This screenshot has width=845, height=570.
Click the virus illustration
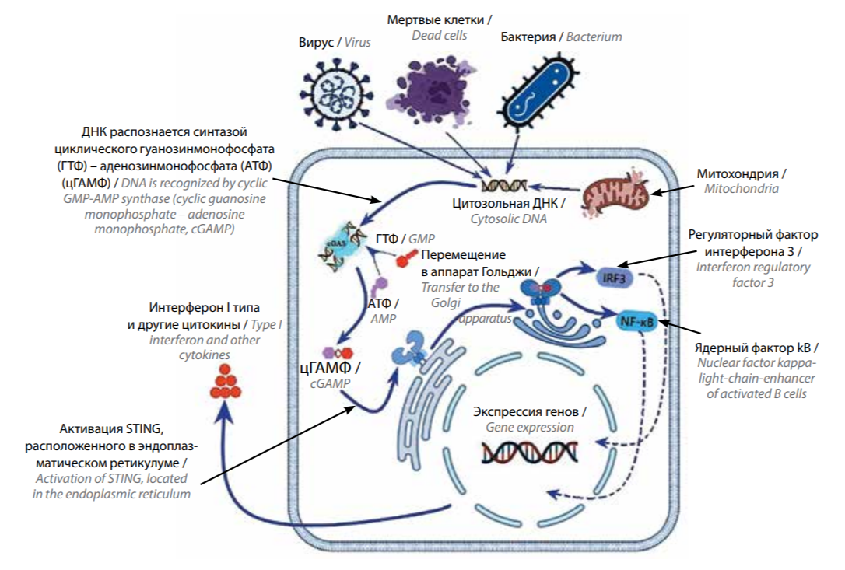pos(336,94)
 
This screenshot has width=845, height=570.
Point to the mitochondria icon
pos(615,194)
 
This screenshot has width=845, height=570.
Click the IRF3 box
pos(615,278)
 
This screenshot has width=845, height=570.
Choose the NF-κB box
pos(637,322)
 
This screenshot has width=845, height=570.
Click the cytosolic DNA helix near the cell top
pos(504,186)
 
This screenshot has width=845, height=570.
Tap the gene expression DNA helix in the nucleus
pos(529,452)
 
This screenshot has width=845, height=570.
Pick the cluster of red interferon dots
pos(225,382)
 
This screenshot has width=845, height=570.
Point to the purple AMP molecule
pos(380,284)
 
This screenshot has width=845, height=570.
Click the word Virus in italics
pos(357,42)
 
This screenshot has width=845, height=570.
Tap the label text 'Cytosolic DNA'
pos(508,219)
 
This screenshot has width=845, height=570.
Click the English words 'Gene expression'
pos(530,427)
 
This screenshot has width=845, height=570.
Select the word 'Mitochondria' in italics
pos(741,188)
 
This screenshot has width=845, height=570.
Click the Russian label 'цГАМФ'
pos(325,368)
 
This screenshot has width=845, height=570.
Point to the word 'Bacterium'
pos(594,37)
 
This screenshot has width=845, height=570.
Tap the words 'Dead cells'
pos(439,36)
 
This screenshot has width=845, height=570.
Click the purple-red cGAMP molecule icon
pos(338,353)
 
